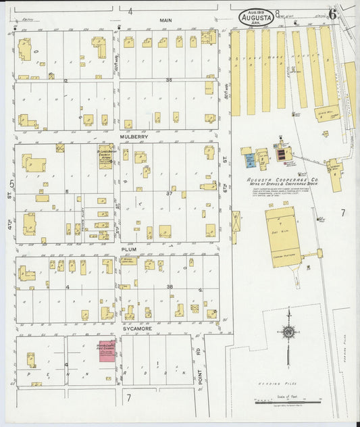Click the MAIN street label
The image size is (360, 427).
pos(165,20)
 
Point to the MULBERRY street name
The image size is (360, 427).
pos(134,136)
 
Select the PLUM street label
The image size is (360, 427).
pos(128,249)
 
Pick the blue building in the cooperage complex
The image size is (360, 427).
pos(250,160)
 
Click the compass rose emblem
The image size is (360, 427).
pos(289,332)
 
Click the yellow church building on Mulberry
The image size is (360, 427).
pos(105,155)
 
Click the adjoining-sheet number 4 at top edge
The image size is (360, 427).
pos(130,11)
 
